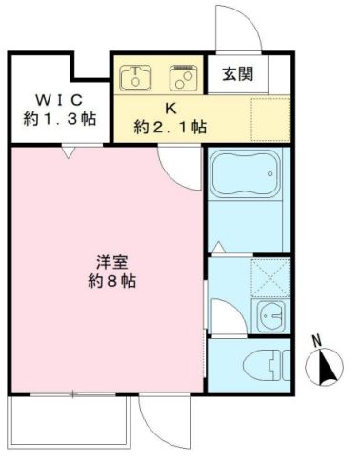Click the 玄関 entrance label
237,74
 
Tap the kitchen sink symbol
135,77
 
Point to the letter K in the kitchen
170,109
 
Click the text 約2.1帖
170,127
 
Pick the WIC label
59,100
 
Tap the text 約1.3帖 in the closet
60,119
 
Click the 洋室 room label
112,262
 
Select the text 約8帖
112,281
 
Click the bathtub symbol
245,173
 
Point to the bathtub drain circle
270,173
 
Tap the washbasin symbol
270,316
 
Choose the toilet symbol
268,365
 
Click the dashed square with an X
270,278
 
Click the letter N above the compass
316,342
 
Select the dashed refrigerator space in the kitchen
270,119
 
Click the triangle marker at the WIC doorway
69,153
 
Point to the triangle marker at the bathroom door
218,247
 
